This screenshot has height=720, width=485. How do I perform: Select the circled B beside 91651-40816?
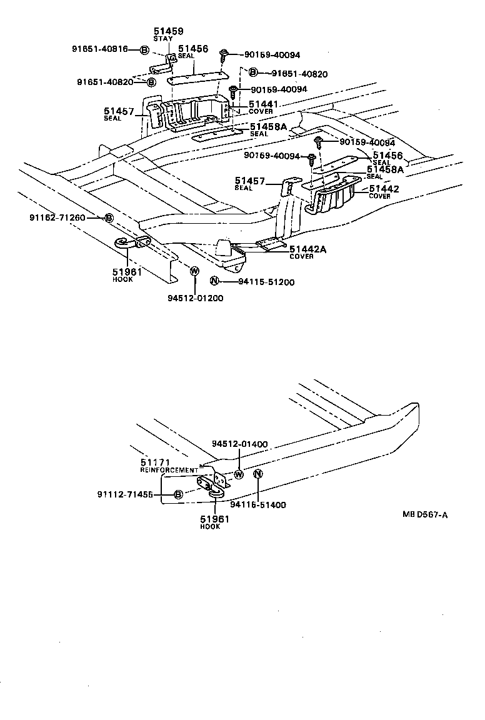143,49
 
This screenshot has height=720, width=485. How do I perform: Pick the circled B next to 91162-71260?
108,217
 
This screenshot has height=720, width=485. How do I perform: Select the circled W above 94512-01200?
194,271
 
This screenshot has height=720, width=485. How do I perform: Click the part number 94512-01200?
195,298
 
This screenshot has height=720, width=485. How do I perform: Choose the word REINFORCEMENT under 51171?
169,469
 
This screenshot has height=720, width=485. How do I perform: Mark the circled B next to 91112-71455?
177,494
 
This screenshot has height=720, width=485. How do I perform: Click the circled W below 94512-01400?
238,474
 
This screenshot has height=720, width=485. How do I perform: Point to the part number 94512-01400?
239,444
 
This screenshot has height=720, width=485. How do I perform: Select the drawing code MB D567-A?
425,514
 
